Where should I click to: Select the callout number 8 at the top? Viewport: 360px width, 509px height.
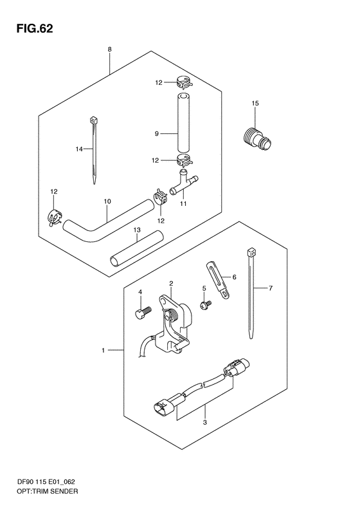[x=110, y=50]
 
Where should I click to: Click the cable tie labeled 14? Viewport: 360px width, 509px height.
[x=94, y=151]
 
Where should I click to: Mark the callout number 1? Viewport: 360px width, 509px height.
[x=102, y=351]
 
